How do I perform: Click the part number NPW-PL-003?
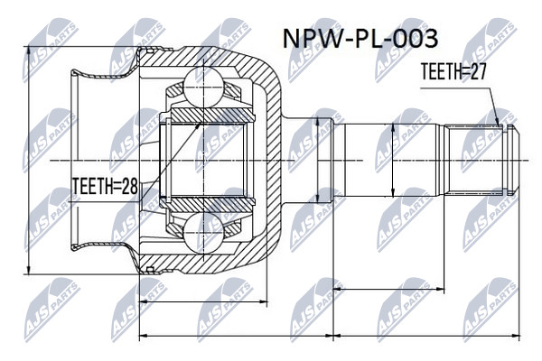(x=360, y=39)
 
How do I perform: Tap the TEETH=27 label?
(x=453, y=72)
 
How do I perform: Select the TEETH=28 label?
(x=105, y=187)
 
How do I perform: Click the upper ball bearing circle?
(x=203, y=87)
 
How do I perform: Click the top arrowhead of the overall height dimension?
(x=29, y=51)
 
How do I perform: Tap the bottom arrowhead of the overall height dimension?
(x=29, y=270)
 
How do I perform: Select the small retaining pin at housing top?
(x=150, y=51)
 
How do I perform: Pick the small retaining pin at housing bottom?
(x=150, y=269)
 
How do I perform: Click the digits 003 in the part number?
(x=416, y=39)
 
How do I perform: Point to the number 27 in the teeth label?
(x=477, y=72)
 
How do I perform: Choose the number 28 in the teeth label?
(x=129, y=187)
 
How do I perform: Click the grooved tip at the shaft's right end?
(x=512, y=161)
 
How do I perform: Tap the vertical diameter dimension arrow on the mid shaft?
(x=393, y=161)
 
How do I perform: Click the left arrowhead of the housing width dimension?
(x=144, y=301)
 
